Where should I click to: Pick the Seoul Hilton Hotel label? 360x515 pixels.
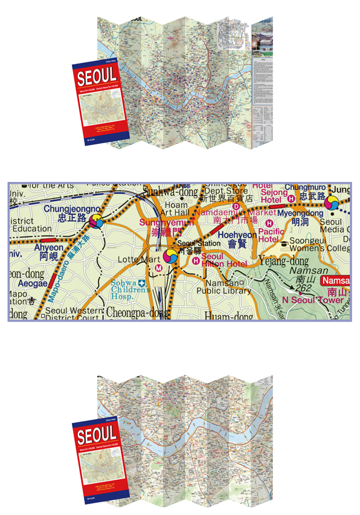click(x=225, y=260)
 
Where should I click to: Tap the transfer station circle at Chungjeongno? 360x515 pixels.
click(x=95, y=222)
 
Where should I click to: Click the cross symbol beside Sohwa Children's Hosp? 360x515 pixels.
click(x=141, y=283)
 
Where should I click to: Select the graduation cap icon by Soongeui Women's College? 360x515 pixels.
click(x=283, y=243)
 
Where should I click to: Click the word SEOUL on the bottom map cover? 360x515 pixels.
click(x=97, y=434)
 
